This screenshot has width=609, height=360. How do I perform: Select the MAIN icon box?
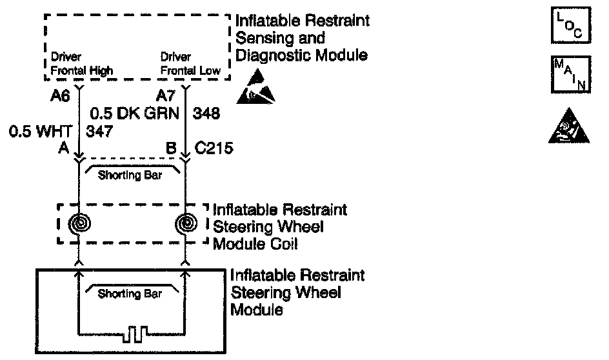tap(570, 74)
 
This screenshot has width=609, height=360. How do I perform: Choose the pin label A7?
tap(166, 97)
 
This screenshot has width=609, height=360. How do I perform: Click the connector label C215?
tap(214, 149)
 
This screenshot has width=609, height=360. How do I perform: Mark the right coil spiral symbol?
tap(186, 223)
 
